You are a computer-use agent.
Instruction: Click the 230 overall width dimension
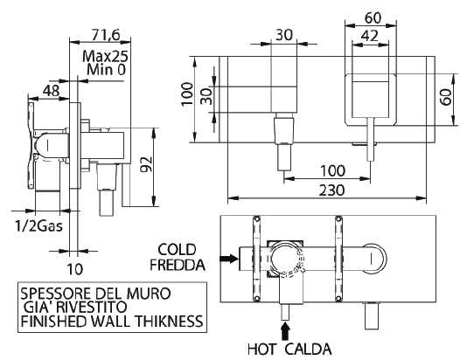pos(331,190)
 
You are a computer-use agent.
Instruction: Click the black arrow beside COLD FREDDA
pos(228,258)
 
